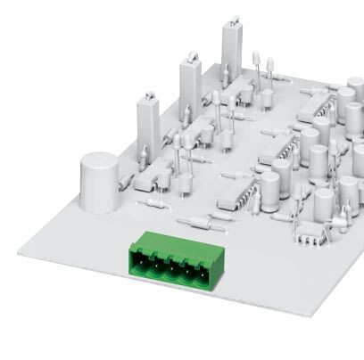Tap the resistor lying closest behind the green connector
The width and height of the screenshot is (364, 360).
(x=197, y=222)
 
